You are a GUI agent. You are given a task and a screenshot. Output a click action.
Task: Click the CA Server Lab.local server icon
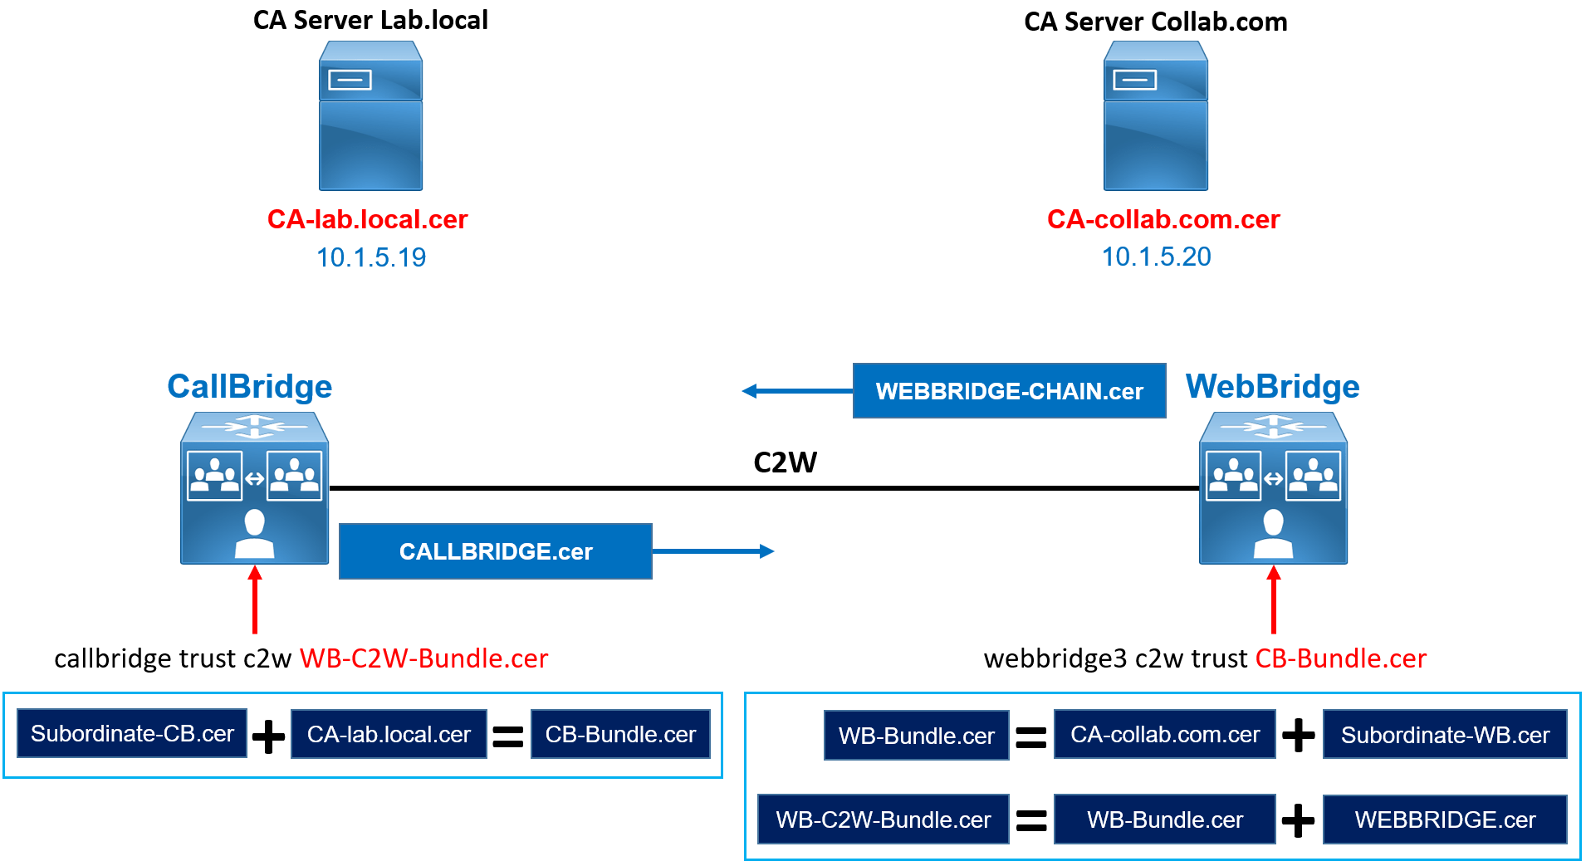(x=370, y=116)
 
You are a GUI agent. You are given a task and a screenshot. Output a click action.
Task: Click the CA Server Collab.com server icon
(x=1155, y=116)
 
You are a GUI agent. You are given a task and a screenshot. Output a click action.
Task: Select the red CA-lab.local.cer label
(x=367, y=219)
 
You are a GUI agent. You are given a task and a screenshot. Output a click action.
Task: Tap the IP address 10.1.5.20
(x=1156, y=257)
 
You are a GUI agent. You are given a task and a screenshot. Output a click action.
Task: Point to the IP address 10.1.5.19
(x=370, y=257)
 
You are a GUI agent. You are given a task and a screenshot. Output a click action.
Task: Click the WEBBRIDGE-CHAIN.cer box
(x=1009, y=391)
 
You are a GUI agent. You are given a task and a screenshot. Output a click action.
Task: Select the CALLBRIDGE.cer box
(x=495, y=551)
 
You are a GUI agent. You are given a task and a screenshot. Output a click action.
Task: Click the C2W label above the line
(x=785, y=462)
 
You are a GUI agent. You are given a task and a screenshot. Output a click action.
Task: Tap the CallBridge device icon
(x=254, y=488)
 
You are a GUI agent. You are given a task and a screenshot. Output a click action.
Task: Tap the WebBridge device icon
(x=1273, y=488)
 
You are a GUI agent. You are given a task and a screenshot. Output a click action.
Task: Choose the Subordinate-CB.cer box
(x=132, y=734)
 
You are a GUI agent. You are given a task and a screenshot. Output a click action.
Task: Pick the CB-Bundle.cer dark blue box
(x=620, y=734)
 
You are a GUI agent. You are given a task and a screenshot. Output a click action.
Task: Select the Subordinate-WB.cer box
(x=1445, y=735)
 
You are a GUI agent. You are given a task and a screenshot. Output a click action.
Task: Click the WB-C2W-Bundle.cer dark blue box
(x=883, y=820)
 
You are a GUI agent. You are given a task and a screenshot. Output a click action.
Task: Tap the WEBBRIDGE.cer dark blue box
(x=1445, y=820)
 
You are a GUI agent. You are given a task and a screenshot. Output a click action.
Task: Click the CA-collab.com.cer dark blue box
(x=1164, y=735)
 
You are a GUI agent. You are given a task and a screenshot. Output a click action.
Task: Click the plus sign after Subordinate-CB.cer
(x=268, y=736)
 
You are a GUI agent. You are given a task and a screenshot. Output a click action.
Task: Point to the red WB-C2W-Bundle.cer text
(x=423, y=658)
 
